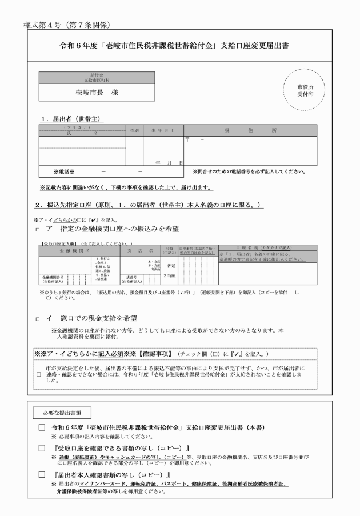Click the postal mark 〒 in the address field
[x=187, y=139]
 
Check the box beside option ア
[x=38, y=230]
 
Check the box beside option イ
[x=38, y=318]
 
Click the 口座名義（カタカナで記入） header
[x=267, y=247]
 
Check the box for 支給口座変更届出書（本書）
[x=41, y=427]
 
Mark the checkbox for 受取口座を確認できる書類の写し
[x=41, y=448]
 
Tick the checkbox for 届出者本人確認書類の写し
[x=41, y=475]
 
